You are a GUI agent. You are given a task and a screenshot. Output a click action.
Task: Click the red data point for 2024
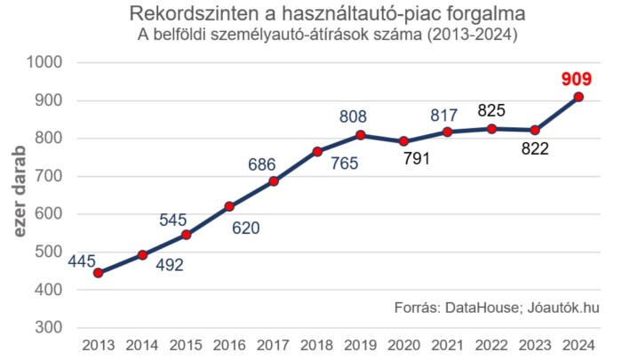point(578,97)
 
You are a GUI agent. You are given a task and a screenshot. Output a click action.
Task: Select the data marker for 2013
point(98,273)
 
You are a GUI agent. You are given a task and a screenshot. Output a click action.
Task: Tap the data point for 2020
point(404,141)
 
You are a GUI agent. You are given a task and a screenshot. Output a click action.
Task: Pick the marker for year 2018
point(317,151)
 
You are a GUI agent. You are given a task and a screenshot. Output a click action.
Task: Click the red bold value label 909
point(578,79)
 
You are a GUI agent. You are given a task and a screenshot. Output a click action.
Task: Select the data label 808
point(353,116)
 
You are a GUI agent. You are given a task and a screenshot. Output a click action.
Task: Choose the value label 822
point(534,149)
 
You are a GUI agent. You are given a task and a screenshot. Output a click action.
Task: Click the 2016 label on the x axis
point(229,345)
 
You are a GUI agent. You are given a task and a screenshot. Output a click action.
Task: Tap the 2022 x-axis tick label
point(491,345)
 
